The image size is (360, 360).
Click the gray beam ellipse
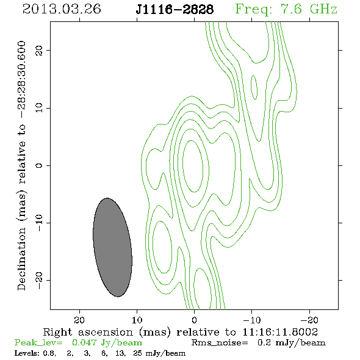click(x=112, y=247)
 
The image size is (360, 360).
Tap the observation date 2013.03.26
click(x=62, y=9)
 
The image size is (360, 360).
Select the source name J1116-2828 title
click(x=175, y=9)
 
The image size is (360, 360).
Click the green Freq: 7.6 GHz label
click(x=286, y=9)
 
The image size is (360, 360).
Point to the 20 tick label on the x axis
click(x=79, y=320)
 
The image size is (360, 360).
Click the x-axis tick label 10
click(x=137, y=320)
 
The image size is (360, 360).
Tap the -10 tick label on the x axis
click(x=251, y=320)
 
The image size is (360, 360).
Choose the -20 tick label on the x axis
click(x=309, y=320)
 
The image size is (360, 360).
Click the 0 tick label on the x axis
click(x=194, y=320)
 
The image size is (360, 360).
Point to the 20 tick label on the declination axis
click(x=39, y=50)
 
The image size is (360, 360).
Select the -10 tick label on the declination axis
click(x=39, y=223)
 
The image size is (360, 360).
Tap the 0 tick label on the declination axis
click(x=39, y=165)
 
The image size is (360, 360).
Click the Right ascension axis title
click(x=181, y=332)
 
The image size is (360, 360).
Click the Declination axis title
click(x=21, y=165)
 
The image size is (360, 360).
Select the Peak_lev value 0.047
click(x=84, y=343)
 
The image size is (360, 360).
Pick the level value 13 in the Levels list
click(x=120, y=353)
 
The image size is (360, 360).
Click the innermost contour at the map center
click(x=193, y=166)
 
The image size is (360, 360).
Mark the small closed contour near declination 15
click(x=254, y=87)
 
